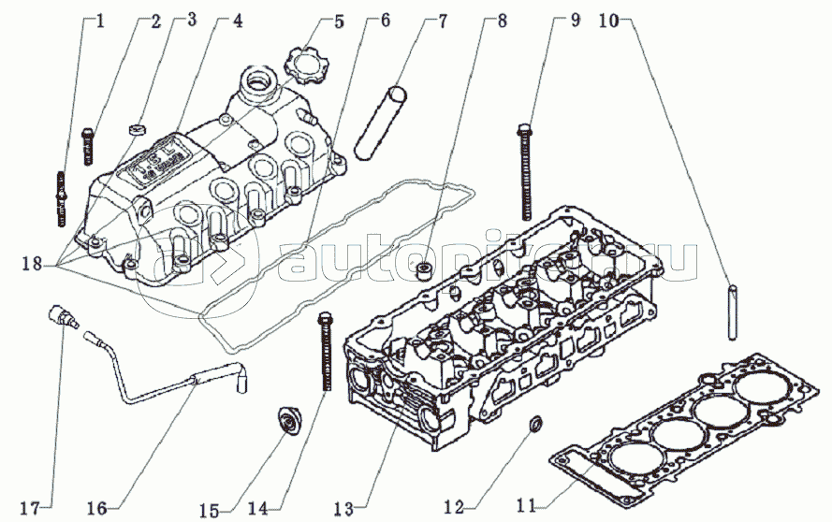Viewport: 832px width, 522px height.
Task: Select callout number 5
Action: [338, 20]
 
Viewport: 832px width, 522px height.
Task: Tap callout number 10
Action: [609, 20]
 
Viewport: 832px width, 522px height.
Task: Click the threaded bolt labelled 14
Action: [326, 352]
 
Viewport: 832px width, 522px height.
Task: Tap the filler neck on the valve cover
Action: [256, 88]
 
